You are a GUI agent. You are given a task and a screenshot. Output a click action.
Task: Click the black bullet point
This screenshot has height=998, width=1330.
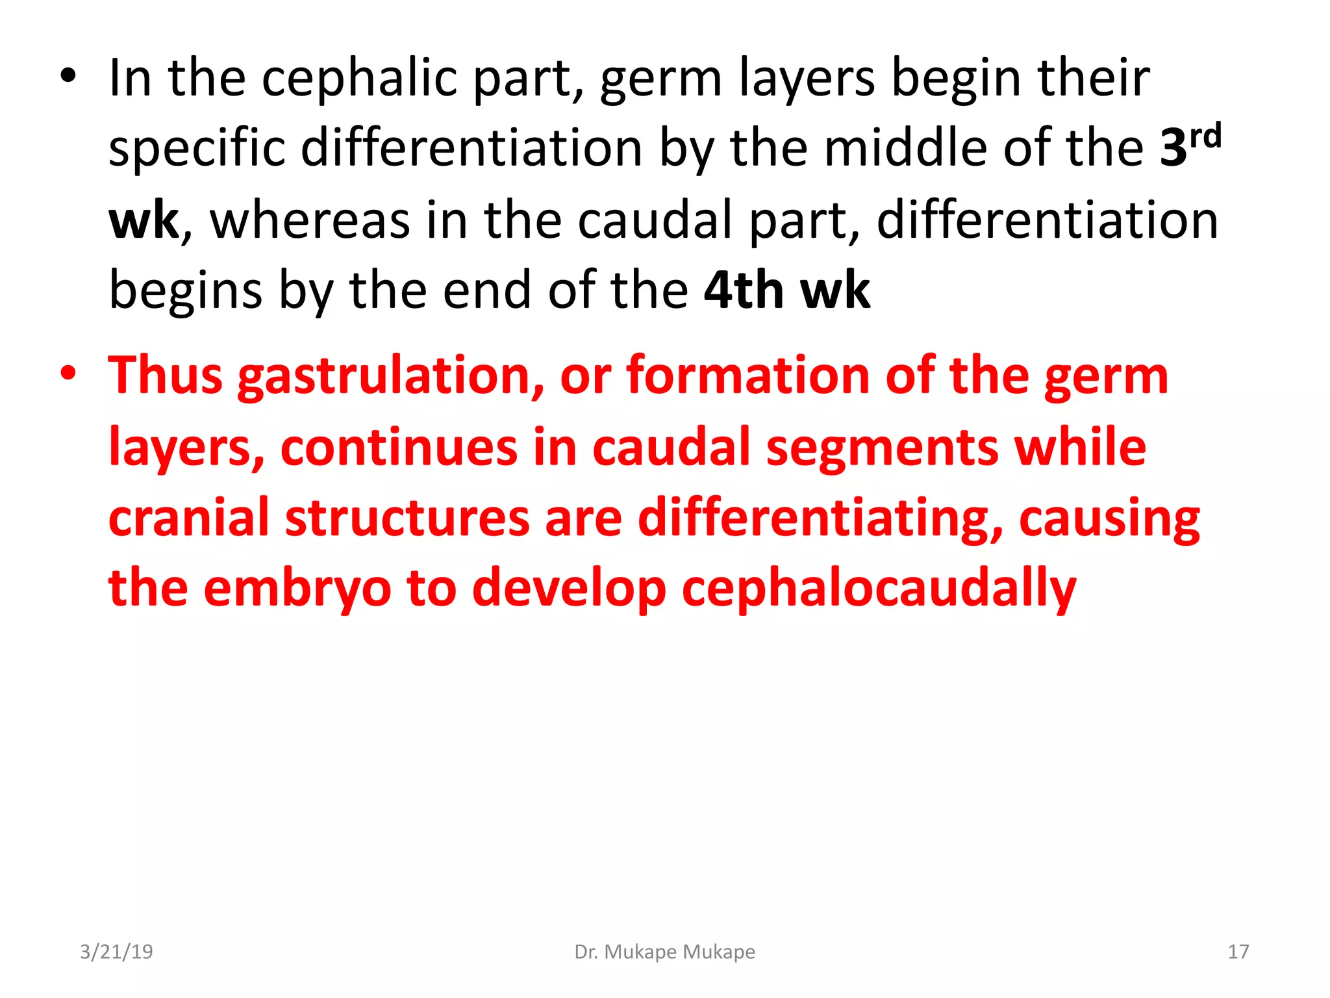coord(68,77)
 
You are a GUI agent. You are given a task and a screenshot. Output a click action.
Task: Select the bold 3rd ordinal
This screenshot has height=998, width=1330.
coord(1190,146)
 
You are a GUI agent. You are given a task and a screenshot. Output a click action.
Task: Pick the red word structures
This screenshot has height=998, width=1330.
coord(407,518)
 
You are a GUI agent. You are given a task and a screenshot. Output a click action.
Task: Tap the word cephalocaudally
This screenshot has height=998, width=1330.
coord(879,589)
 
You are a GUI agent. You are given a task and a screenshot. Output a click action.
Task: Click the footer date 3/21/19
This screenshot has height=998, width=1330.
coord(116,952)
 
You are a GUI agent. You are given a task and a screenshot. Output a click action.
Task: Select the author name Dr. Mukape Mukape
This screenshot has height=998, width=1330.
coord(664,952)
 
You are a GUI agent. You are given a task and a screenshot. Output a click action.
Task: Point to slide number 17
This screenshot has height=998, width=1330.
coord(1238,952)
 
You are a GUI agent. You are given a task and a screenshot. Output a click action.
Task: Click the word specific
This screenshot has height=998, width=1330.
coord(197,148)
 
